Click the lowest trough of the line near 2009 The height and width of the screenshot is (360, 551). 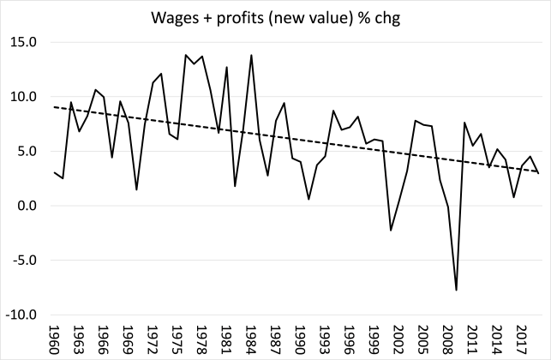457,291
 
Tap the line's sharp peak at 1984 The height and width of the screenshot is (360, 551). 251,55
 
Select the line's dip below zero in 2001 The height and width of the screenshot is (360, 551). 391,230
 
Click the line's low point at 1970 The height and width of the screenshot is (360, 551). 136,189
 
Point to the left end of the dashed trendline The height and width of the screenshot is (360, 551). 54,107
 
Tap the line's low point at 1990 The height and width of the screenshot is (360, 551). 308,199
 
